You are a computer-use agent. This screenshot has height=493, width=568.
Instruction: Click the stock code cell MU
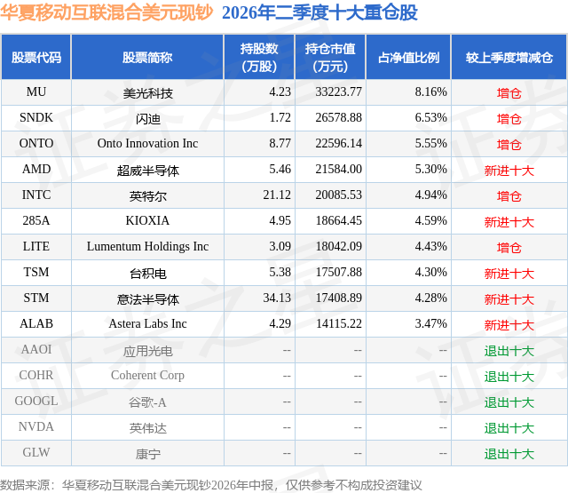[36, 91]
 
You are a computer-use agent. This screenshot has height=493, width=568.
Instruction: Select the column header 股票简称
[147, 57]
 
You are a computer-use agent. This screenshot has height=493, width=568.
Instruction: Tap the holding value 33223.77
[338, 91]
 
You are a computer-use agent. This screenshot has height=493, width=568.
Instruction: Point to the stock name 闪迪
[148, 118]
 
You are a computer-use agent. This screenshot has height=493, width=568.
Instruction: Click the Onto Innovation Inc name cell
[147, 143]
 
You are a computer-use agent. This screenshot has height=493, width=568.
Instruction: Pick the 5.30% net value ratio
[430, 169]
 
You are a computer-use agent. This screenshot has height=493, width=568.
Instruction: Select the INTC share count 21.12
[277, 195]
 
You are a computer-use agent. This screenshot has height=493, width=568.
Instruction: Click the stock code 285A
[36, 220]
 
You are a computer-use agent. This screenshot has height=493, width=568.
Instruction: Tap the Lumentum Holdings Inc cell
[147, 247]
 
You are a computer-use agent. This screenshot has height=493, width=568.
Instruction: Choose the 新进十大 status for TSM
[509, 273]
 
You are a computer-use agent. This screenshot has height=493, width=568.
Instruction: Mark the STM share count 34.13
[277, 298]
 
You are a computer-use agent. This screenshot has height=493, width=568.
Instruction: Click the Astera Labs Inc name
[147, 323]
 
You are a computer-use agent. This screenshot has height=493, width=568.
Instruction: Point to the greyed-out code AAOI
[36, 349]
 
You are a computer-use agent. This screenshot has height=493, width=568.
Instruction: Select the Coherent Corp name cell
[147, 375]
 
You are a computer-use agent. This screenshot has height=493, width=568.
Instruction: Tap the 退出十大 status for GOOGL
[509, 402]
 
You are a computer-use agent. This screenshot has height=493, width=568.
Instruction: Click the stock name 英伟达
[148, 428]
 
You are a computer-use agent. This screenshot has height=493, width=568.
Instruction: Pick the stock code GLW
[36, 452]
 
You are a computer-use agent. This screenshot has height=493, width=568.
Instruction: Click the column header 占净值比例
[408, 57]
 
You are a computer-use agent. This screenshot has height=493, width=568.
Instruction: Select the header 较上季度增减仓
[509, 57]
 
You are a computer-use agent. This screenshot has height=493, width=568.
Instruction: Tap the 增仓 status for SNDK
[509, 118]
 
